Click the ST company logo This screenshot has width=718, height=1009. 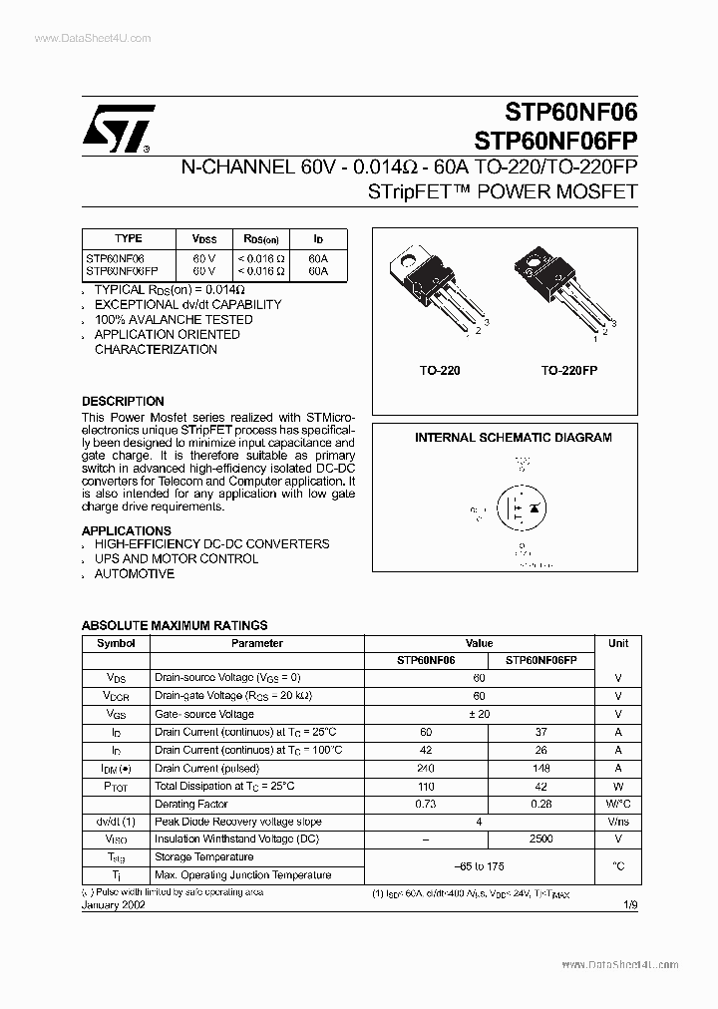coord(118,129)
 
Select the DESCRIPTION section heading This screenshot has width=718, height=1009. coord(123,401)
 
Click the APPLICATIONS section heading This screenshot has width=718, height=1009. coord(126,530)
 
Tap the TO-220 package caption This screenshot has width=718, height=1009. coord(439,370)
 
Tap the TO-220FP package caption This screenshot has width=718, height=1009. coord(568,370)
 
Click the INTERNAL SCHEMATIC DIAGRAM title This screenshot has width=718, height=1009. coord(513,438)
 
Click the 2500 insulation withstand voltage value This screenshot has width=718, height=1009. coord(541,840)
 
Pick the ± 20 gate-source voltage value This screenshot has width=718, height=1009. coord(480,714)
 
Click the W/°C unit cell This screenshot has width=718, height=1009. coord(618,804)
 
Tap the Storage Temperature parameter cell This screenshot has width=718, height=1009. coord(203,857)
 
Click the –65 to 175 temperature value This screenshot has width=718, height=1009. coord(480,866)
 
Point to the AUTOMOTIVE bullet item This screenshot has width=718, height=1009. coord(134,573)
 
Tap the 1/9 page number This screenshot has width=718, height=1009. coord(628,904)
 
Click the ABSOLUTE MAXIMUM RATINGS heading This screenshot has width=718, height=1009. coord(174,625)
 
